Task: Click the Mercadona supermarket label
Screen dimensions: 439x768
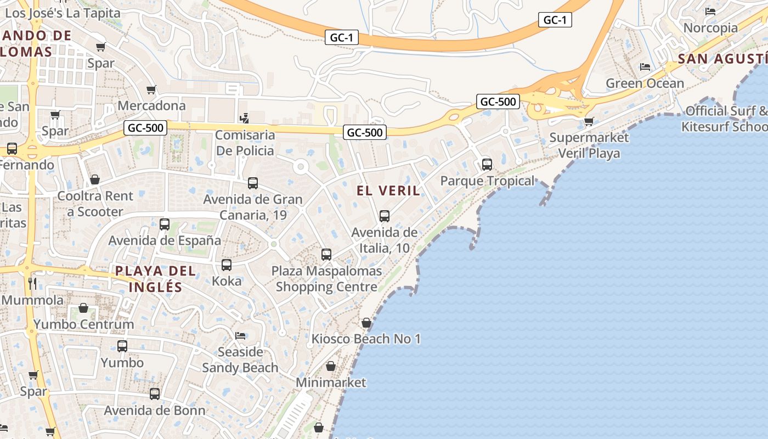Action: coord(151,105)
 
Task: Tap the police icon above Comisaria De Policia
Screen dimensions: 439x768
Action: coord(245,118)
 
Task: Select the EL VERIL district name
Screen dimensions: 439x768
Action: coord(388,191)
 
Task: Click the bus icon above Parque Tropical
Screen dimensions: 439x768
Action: coord(487,164)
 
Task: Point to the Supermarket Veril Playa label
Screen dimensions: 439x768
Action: coord(589,145)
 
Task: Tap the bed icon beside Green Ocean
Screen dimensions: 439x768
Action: coord(645,67)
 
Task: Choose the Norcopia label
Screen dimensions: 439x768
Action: coord(710,27)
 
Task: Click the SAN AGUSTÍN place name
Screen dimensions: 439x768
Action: coord(722,59)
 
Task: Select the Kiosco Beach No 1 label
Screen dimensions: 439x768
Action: coord(366,339)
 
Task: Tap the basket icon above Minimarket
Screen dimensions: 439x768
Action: coord(331,366)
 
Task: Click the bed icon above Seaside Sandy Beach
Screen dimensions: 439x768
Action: coord(240,335)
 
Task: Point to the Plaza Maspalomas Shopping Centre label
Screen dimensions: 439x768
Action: coord(326,279)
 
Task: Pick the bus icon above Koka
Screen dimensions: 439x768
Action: coord(227,265)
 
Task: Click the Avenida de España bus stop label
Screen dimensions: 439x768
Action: coord(165,240)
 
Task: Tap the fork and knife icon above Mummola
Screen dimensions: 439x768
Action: coord(32,283)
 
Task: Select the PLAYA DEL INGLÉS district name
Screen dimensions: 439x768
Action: coord(155,279)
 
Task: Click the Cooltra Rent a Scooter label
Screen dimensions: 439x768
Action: coord(95,204)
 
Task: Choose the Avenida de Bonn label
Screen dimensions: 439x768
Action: coord(155,410)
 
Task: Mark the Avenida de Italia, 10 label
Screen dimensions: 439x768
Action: coord(384,240)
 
